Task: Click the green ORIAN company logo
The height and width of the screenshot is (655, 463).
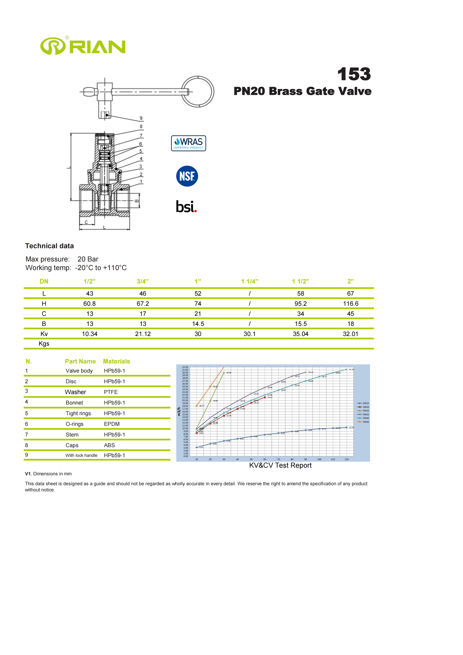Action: pos(83,46)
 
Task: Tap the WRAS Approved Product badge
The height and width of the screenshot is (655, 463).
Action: pos(188,143)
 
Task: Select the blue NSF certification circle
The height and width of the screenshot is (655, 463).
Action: pos(187,176)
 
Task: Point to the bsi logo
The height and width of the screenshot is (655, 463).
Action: pos(186,207)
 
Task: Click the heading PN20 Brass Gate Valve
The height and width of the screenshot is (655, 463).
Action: pos(302,91)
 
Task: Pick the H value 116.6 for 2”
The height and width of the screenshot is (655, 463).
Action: pos(350,304)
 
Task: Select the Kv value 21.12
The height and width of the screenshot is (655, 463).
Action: pos(143,334)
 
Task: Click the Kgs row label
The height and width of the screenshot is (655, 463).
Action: pos(44,344)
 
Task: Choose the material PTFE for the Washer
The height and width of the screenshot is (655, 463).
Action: pos(111,392)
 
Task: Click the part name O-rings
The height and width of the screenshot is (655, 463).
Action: pos(74,424)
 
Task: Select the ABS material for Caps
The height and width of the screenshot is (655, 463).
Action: pos(109,445)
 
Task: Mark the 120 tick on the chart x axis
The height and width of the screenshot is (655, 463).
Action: pos(346,459)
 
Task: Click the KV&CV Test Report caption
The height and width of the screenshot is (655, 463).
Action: pos(280,466)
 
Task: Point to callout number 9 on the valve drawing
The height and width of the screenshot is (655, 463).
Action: pos(141,118)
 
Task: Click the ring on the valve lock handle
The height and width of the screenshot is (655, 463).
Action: pos(198,92)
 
